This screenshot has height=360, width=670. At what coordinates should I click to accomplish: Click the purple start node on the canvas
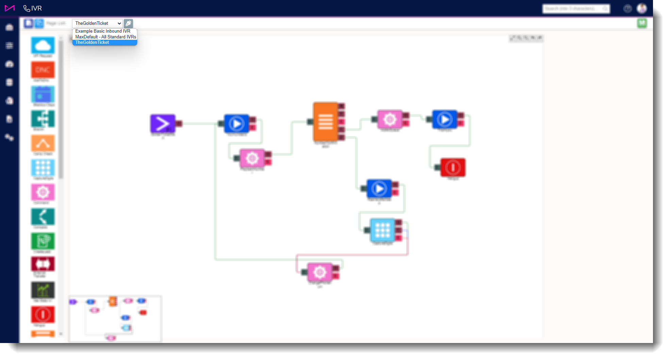163,123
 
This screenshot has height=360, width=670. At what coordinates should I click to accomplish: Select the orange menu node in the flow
325,121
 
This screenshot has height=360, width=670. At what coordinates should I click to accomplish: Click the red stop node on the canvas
453,167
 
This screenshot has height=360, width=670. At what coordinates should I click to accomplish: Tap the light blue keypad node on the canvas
382,230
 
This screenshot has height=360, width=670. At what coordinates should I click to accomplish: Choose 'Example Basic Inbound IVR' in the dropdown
103,31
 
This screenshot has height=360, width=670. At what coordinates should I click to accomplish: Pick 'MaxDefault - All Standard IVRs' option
105,37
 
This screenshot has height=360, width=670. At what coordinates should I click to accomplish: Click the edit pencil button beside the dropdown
128,23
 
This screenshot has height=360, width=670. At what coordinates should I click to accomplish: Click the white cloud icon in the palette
43,46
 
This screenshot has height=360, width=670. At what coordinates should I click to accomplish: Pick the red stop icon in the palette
43,314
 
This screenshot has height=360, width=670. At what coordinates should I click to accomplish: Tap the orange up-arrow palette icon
43,143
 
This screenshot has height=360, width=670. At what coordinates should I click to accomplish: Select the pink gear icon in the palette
43,192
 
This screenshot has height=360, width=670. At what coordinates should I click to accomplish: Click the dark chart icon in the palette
43,290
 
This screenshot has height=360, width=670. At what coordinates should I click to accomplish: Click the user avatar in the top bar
641,8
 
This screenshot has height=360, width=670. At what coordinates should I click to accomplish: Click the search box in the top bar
575,8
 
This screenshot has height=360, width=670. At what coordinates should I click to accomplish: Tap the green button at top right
642,23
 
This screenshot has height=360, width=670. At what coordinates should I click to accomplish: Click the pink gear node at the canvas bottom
319,272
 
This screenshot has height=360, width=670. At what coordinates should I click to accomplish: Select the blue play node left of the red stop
445,119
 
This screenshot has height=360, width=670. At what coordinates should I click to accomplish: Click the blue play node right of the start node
237,124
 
